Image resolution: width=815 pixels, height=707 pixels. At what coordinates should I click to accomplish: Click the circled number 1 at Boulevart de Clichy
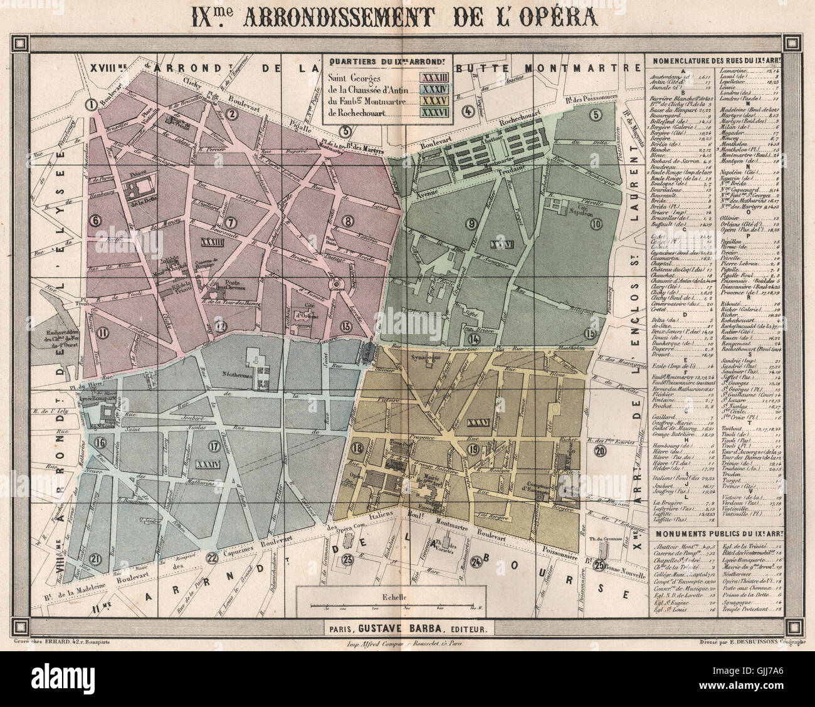coord(90,105)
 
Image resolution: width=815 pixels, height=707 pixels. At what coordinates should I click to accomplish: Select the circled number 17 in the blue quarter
coord(214,446)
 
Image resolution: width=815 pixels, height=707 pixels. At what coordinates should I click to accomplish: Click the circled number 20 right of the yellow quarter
coord(601,451)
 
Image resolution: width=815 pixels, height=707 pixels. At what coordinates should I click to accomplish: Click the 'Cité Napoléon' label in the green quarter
coord(572,208)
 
